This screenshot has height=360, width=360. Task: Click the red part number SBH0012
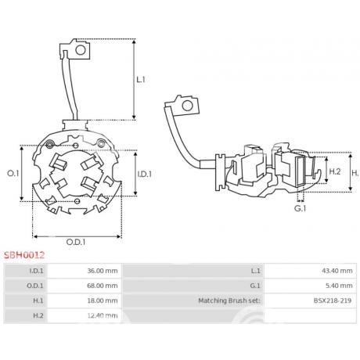coord(24,255)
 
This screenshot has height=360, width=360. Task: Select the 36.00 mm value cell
coord(103,271)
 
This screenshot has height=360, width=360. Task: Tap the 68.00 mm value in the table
coord(103,286)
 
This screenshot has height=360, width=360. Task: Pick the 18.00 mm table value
coord(103,301)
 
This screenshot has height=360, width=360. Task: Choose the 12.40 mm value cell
coord(103,315)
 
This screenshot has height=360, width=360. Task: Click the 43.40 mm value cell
coord(337,271)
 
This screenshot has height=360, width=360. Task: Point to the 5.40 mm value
coord(339,286)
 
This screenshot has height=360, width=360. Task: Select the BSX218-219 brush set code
coord(333,301)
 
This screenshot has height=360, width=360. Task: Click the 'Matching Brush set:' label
coord(229,301)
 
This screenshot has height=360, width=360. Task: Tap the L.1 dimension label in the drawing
coord(141,80)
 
